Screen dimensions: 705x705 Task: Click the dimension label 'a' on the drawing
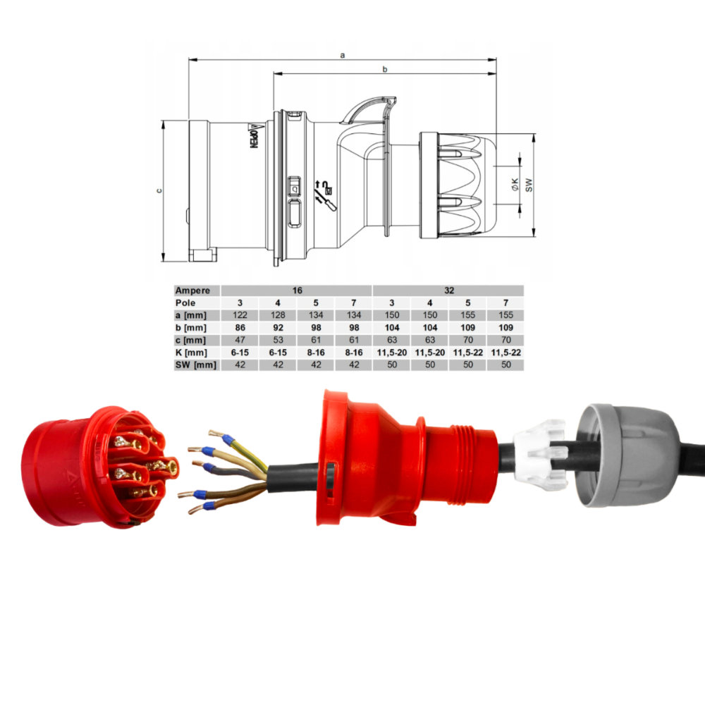[343, 55]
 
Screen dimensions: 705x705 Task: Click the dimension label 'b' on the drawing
[385, 69]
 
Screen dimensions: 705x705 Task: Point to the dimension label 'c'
[159, 190]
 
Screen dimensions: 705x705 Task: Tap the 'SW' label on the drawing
[529, 185]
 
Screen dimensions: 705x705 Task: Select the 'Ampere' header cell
[192, 290]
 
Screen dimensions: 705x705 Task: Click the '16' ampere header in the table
[298, 290]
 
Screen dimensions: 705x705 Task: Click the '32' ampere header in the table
[448, 290]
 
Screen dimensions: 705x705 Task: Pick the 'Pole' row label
[185, 303]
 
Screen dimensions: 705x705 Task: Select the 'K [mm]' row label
[191, 352]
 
